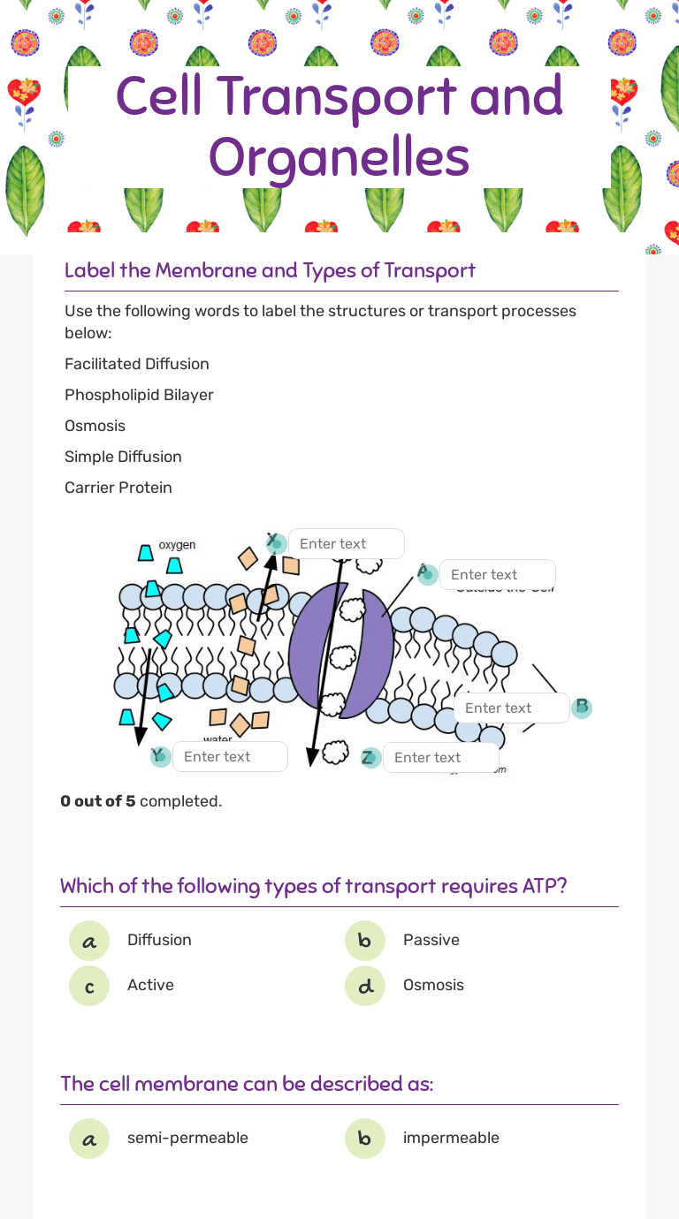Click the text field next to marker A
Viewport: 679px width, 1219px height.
497,575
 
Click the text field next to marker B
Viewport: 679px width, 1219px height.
511,708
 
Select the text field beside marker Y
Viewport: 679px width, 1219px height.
230,757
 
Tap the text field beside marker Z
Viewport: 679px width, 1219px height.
440,758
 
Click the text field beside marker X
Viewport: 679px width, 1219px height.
346,544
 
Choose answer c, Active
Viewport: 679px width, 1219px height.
89,986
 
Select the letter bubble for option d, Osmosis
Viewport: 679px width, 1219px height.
365,986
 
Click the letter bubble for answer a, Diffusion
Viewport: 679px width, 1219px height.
89,941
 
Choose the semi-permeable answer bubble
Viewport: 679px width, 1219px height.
89,1139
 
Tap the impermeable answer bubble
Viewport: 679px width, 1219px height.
365,1139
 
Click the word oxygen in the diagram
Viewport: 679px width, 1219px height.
177,545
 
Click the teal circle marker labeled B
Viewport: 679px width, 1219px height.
581,708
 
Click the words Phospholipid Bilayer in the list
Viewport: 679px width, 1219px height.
139,395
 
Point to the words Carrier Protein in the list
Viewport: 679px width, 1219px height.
118,488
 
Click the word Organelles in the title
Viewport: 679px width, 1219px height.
339,158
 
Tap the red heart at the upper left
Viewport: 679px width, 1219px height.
24,91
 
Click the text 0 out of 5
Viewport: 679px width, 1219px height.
97,801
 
